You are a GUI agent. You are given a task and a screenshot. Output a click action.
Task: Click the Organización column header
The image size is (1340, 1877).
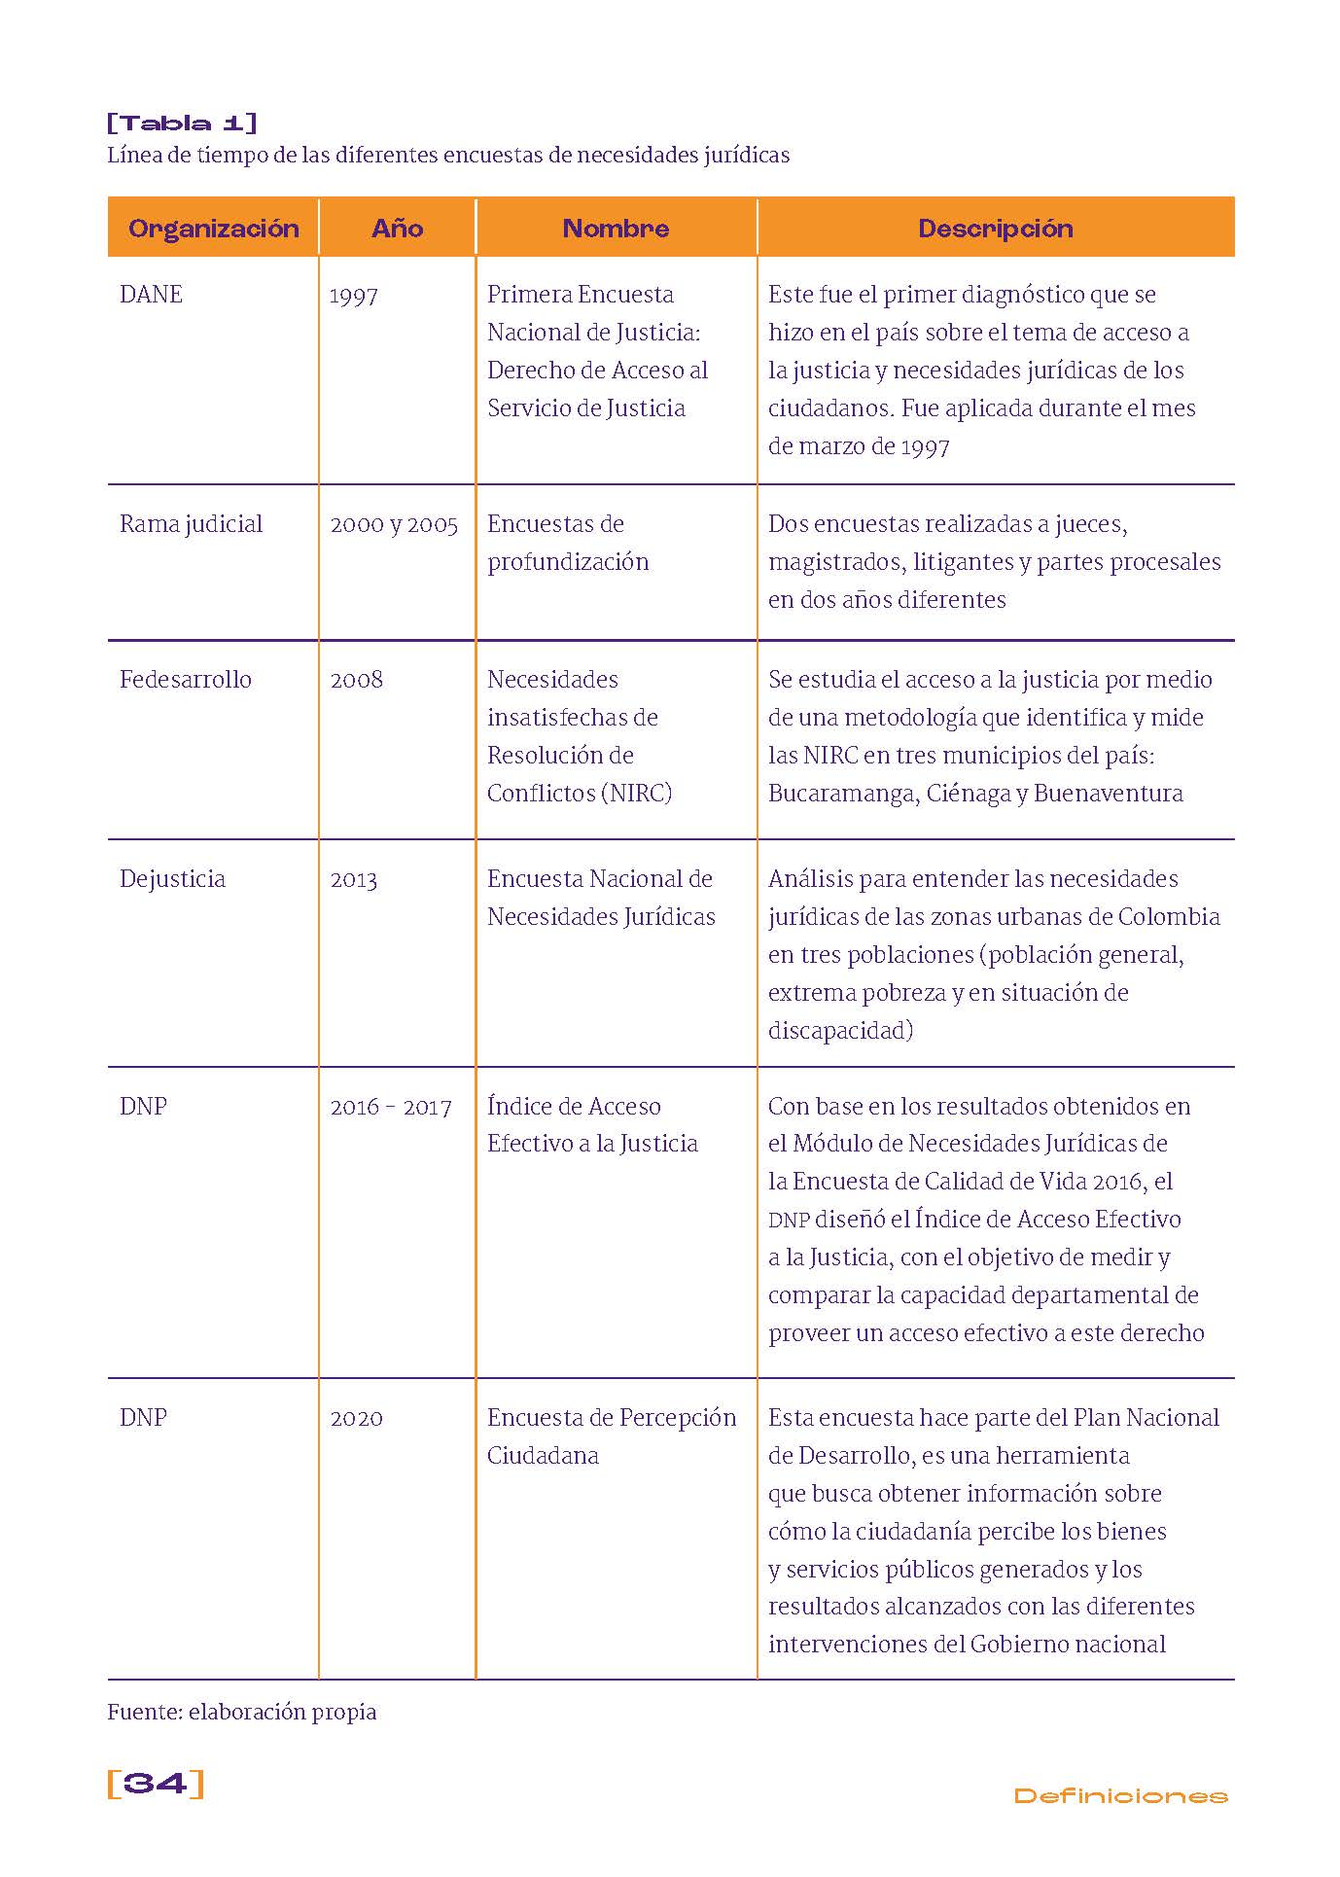pyautogui.click(x=213, y=229)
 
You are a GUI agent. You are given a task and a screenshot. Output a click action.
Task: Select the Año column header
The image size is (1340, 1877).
pyautogui.click(x=397, y=229)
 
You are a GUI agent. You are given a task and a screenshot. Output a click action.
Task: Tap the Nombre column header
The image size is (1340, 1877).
pyautogui.click(x=616, y=229)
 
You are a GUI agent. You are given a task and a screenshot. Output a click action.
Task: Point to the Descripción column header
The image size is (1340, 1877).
pyautogui.click(x=995, y=229)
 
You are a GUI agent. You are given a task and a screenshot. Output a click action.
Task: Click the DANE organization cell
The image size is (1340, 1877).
pyautogui.click(x=151, y=295)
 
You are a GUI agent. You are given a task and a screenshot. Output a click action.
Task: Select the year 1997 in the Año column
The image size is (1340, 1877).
pyautogui.click(x=353, y=296)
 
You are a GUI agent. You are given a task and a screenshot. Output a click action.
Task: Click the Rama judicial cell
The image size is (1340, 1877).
pyautogui.click(x=191, y=524)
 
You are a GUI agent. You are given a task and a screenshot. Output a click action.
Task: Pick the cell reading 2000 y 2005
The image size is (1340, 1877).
pyautogui.click(x=394, y=525)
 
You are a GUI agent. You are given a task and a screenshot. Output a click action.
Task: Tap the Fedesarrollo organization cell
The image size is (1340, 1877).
pyautogui.click(x=185, y=680)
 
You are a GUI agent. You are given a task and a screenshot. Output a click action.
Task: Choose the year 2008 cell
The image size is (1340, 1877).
pyautogui.click(x=356, y=680)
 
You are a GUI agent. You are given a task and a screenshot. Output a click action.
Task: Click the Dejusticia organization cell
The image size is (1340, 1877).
pyautogui.click(x=172, y=879)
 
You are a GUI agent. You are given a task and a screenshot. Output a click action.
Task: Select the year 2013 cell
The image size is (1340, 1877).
pyautogui.click(x=353, y=880)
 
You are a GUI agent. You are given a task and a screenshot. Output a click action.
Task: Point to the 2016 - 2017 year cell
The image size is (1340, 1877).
pyautogui.click(x=391, y=1107)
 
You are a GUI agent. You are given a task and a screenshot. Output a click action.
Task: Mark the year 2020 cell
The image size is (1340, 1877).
pyautogui.click(x=356, y=1418)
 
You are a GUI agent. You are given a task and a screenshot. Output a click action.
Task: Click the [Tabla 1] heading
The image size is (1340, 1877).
pyautogui.click(x=182, y=123)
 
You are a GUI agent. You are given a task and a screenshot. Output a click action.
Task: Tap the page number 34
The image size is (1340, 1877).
pyautogui.click(x=156, y=1784)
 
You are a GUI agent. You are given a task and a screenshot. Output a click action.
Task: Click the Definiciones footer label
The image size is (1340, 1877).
pyautogui.click(x=1120, y=1795)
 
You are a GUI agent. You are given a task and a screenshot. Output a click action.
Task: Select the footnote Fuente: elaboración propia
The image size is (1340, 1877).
pyautogui.click(x=241, y=1712)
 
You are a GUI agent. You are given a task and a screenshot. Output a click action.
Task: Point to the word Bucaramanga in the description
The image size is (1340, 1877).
pyautogui.click(x=842, y=794)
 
